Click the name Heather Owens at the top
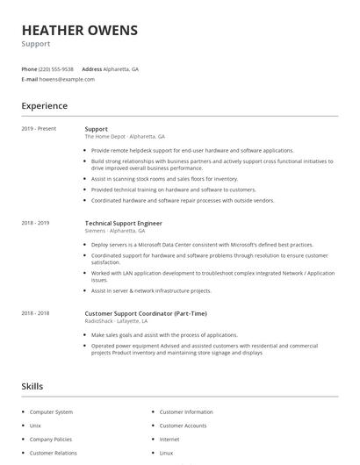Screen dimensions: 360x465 click(80, 31)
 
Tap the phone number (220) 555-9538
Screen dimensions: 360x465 click(56, 68)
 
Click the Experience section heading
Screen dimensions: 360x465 click(44, 106)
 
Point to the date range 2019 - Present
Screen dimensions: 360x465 click(39, 129)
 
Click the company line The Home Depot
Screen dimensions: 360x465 click(125, 137)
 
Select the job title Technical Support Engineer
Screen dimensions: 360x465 click(124, 224)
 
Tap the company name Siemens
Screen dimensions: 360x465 click(95, 231)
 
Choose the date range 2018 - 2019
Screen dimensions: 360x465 click(35, 224)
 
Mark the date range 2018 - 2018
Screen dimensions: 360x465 click(35, 313)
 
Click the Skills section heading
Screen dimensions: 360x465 click(32, 385)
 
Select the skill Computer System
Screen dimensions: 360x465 click(51, 411)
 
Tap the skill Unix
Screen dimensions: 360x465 click(36, 426)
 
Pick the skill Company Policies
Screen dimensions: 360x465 click(52, 439)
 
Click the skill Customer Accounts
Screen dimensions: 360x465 click(183, 426)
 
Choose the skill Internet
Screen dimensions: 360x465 click(169, 439)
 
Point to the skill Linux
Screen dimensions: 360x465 click(166, 453)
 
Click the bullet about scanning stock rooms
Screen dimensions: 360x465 click(164, 179)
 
